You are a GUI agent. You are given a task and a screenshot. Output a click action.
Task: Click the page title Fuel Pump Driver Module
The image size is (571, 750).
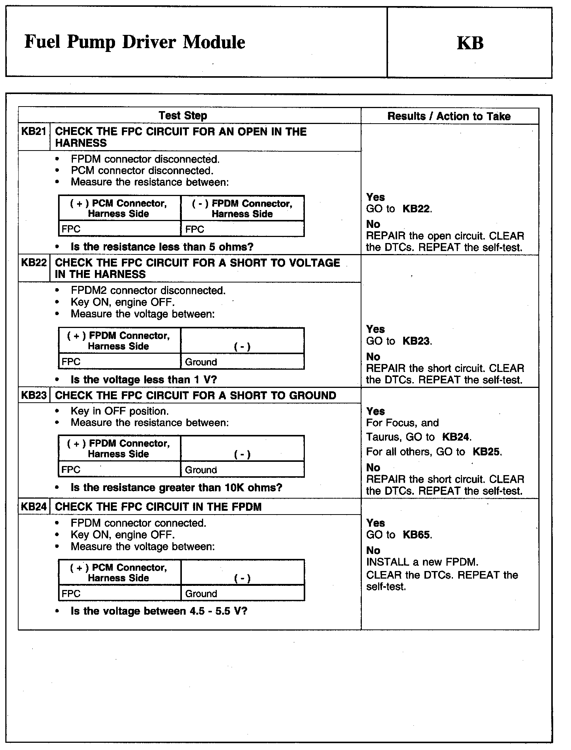coord(135,42)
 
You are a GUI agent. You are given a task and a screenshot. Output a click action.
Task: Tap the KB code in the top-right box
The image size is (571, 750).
coord(470,43)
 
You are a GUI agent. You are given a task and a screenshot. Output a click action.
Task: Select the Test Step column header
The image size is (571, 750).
coord(183,116)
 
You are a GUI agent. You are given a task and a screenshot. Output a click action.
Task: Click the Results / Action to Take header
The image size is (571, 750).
coord(449,116)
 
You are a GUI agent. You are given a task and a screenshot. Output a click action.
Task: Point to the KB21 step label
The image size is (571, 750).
coord(34,132)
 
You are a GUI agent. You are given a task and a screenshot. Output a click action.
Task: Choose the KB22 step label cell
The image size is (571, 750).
coord(34,263)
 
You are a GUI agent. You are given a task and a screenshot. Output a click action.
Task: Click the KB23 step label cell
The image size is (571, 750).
coord(34,395)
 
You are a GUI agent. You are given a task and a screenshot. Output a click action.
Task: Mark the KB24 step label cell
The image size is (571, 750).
coord(34,507)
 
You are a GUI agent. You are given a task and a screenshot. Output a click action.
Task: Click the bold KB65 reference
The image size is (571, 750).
coord(416,535)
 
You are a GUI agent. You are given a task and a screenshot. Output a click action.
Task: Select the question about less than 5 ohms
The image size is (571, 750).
coord(162,247)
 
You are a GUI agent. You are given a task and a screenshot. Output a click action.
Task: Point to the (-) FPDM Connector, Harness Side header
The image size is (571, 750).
coord(242,209)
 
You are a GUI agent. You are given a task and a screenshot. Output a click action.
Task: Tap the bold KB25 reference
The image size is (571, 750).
coord(486,452)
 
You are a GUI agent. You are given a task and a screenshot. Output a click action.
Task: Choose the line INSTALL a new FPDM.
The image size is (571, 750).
coord(422,562)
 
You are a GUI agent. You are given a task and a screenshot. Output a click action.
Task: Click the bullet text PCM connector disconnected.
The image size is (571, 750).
coord(142,171)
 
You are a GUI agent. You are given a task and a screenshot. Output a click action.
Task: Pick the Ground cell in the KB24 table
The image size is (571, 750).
coord(201,594)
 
